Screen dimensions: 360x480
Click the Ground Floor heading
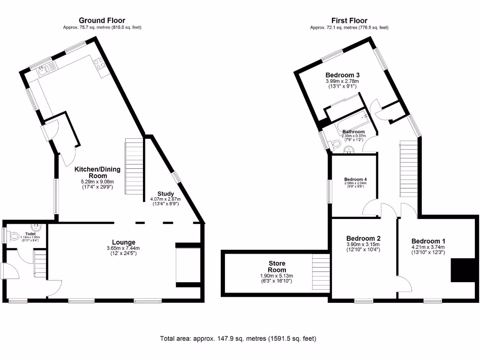pyautogui.click(x=102, y=20)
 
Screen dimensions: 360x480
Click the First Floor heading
pyautogui.click(x=349, y=20)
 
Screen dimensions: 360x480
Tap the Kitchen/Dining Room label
pyautogui.click(x=98, y=172)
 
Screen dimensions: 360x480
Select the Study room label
pyautogui.click(x=165, y=194)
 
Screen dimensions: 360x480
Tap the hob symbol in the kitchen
pyautogui.click(x=99, y=64)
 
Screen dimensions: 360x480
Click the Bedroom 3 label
pyautogui.click(x=343, y=75)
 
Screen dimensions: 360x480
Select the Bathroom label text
pyautogui.click(x=353, y=132)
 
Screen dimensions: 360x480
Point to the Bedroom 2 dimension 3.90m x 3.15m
pyautogui.click(x=362, y=244)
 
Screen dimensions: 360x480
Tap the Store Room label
pyautogui.click(x=277, y=266)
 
